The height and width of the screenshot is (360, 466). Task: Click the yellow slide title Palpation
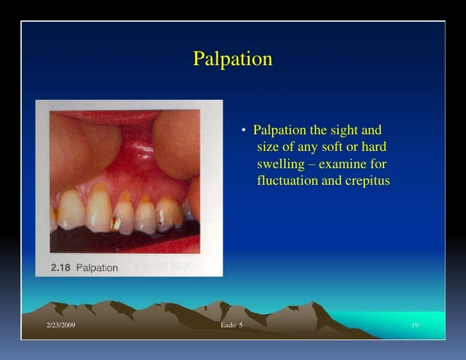pos(232,59)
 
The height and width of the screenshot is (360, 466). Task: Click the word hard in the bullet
pos(374,148)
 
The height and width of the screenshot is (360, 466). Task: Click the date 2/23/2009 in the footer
pos(61,327)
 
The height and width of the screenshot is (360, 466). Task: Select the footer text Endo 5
pos(232,327)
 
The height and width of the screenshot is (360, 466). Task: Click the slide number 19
pos(415,327)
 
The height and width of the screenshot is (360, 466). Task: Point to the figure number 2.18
pos(61,267)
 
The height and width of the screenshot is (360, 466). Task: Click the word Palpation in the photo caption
pos(97,267)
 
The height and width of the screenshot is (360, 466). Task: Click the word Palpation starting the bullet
pos(280,132)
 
